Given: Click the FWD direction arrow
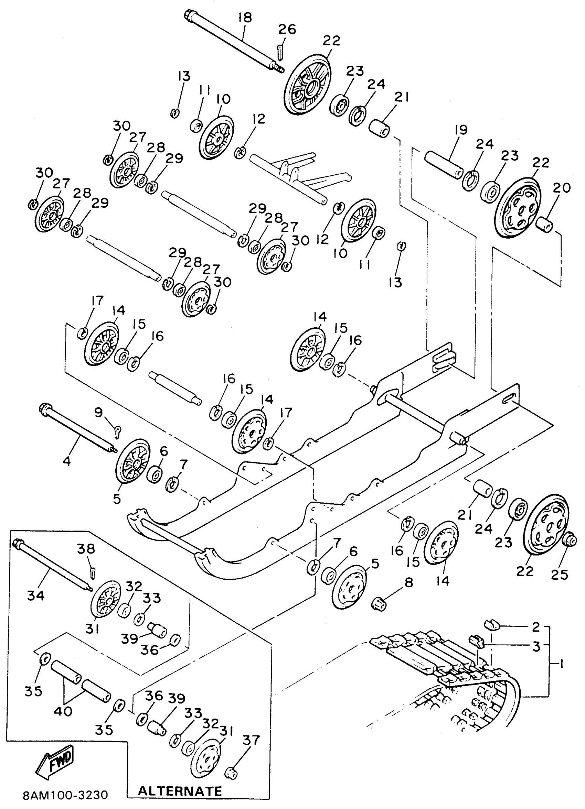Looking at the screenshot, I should tap(56, 764).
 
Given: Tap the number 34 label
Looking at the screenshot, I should tap(36, 595).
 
